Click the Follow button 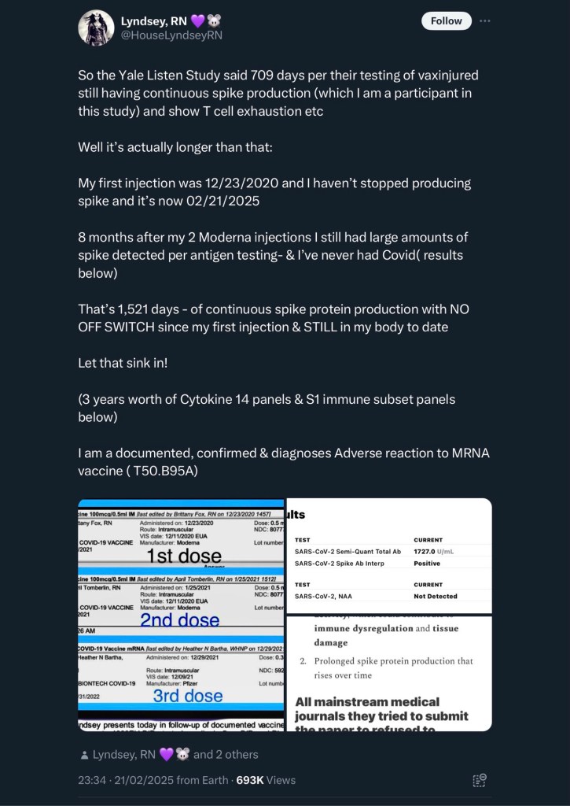pyautogui.click(x=447, y=21)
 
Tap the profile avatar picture pyautogui.click(x=96, y=28)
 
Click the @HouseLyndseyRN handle pyautogui.click(x=171, y=35)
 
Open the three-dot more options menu pyautogui.click(x=485, y=21)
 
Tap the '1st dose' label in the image pyautogui.click(x=185, y=556)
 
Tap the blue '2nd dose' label pyautogui.click(x=180, y=620)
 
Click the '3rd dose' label pyautogui.click(x=187, y=696)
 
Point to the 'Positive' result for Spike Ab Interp pyautogui.click(x=427, y=564)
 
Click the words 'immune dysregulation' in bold pyautogui.click(x=362, y=629)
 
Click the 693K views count pyautogui.click(x=249, y=780)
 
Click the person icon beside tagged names pyautogui.click(x=83, y=755)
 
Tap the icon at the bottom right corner pyautogui.click(x=479, y=780)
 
